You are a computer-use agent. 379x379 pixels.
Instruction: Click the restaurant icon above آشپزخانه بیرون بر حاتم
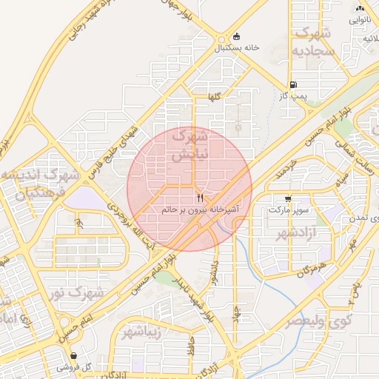200,198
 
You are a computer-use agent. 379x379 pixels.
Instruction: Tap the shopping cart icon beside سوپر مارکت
288,198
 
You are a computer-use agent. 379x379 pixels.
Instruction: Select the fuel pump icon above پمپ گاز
294,85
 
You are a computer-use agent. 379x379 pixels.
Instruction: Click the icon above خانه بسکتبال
236,36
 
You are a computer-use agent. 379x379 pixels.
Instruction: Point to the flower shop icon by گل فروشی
62,366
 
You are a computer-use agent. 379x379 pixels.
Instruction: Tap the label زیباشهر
143,331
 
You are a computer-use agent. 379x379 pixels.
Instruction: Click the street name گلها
215,98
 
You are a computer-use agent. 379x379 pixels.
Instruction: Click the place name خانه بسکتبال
237,47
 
